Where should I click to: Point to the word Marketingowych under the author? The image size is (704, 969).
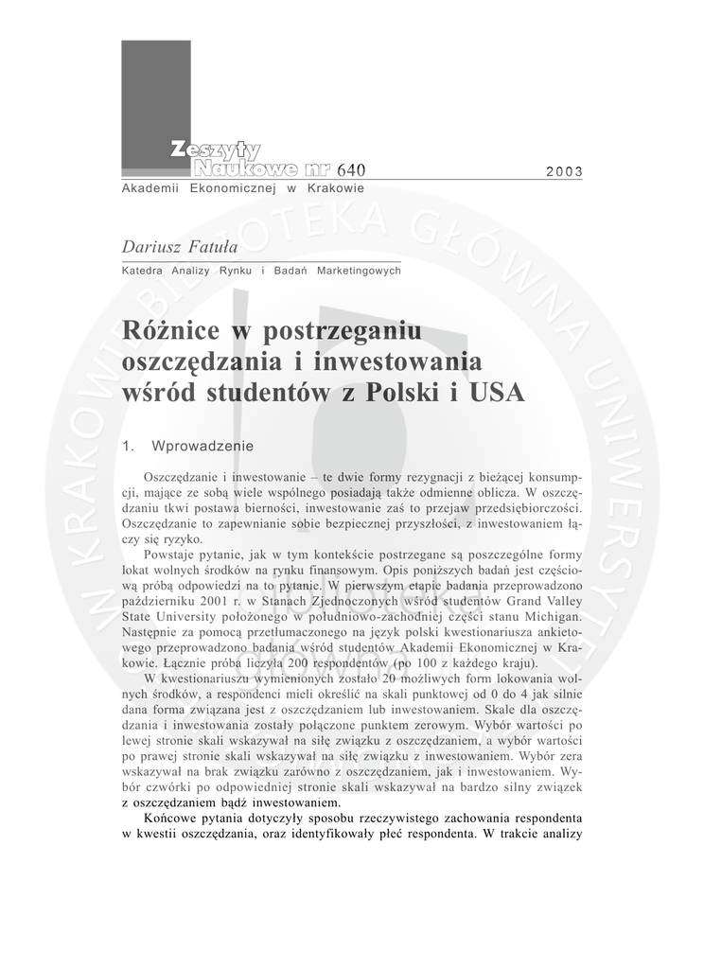tap(359, 271)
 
